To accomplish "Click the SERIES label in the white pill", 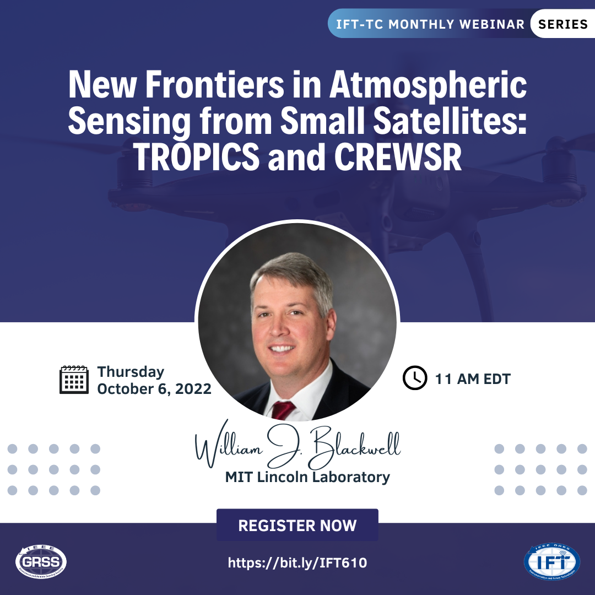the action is pos(562,24).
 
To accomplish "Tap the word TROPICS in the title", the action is pos(197,156).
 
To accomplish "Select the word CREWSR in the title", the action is pos(398,156).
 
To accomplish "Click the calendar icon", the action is pos(74,380).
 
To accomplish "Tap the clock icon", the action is pos(415,378).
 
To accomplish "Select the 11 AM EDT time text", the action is pos(473,378).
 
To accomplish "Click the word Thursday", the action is pos(131,372).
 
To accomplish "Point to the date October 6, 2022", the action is pos(154,389).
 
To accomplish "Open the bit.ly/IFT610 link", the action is pos(297,562).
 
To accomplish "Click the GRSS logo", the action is pos(41,561).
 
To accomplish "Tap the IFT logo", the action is pos(552,561).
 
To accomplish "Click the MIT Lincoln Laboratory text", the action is pos(307,477).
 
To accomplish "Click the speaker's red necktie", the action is pos(283,410).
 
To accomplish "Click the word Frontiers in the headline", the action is pos(214,84).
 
